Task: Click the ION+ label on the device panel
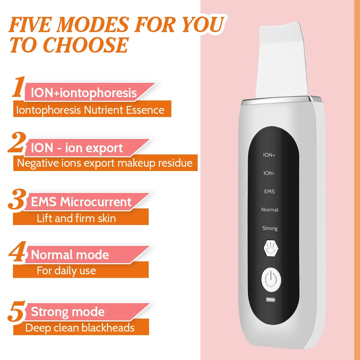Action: (x=269, y=155)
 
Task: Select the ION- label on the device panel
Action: (x=269, y=173)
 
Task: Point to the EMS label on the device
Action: (x=269, y=191)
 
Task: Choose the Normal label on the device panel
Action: (x=270, y=210)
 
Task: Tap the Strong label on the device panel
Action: (x=270, y=228)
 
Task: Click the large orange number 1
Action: (x=18, y=87)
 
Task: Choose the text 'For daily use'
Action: (x=66, y=271)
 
